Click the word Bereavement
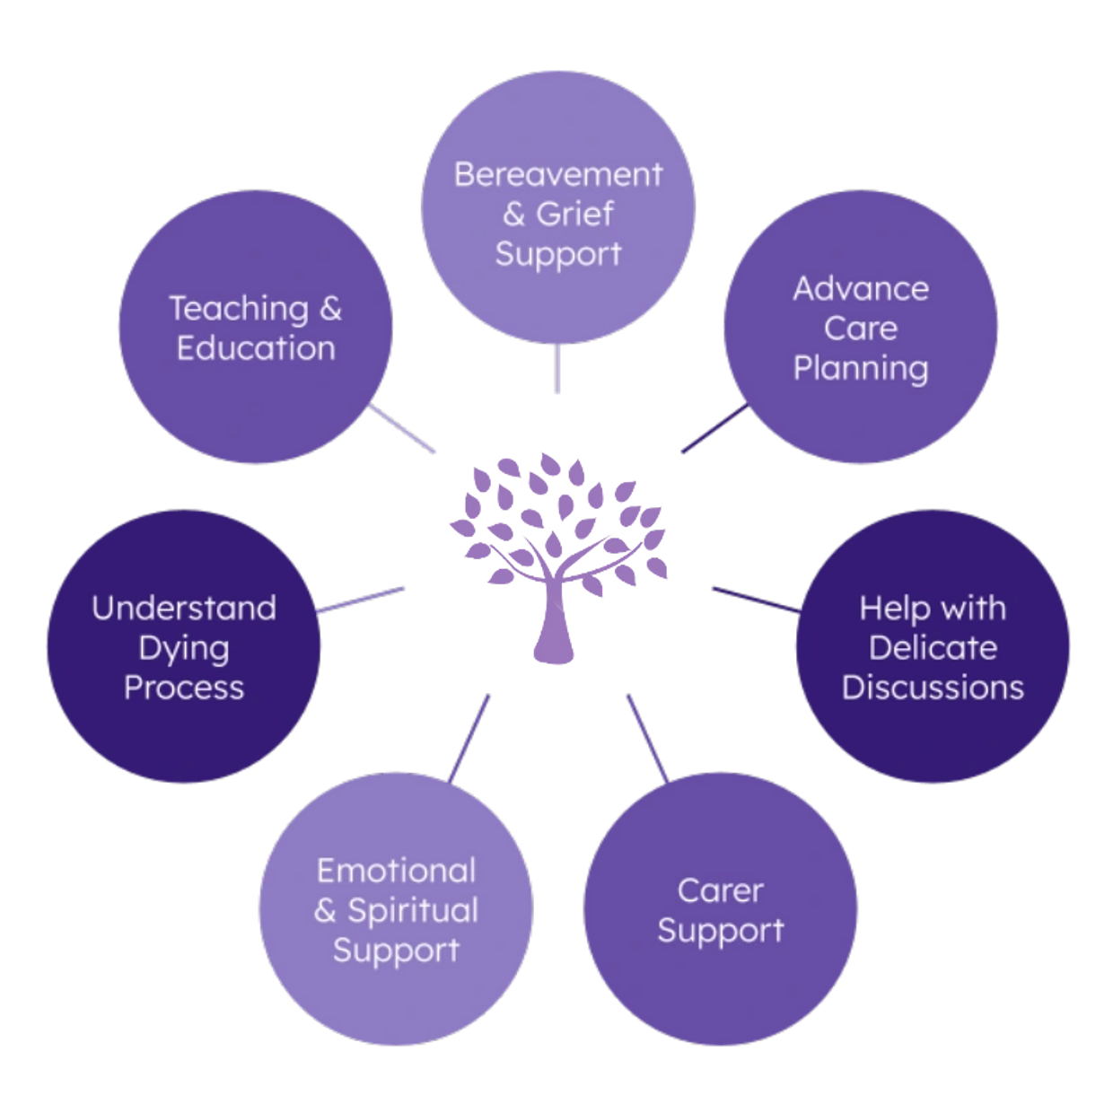point(557,174)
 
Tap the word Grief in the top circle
point(575,214)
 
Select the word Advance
point(861,289)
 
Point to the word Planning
point(861,368)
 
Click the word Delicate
point(933,648)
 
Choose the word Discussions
point(933,688)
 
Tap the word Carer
point(720,890)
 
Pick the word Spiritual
point(413,910)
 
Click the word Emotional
point(396,871)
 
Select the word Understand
point(184,609)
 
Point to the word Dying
point(184,648)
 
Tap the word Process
point(184,688)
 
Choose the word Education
point(256,348)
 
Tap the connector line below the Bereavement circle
point(557,370)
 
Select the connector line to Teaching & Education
point(403,429)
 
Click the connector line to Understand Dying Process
point(362,600)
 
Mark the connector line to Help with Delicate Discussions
point(754,599)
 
